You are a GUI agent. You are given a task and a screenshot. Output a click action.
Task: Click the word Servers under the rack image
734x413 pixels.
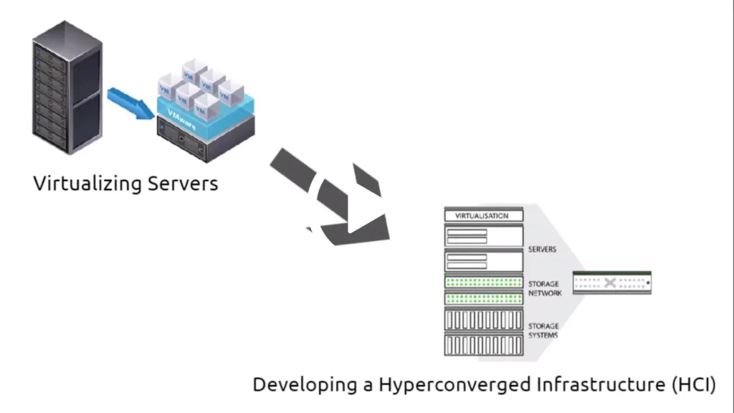(183, 183)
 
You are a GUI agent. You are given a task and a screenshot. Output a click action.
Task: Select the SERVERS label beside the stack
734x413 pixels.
(543, 250)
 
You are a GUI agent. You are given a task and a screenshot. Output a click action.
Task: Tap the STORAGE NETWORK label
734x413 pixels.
(545, 288)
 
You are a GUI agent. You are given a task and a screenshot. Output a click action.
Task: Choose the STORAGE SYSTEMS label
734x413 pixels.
(543, 331)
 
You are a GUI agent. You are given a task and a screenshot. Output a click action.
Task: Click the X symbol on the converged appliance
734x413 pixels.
(610, 283)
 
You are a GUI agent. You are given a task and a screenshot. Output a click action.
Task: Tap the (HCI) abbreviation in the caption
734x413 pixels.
(693, 385)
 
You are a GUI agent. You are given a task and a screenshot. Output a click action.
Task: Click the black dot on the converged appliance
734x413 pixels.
(647, 283)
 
